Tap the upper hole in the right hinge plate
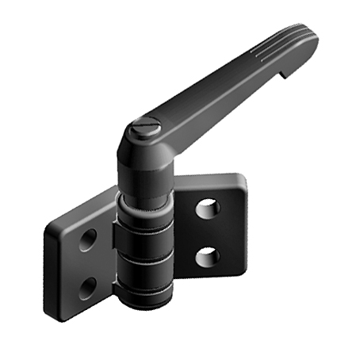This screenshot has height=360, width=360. [207, 209]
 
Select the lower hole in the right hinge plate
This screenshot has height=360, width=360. [207, 256]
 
